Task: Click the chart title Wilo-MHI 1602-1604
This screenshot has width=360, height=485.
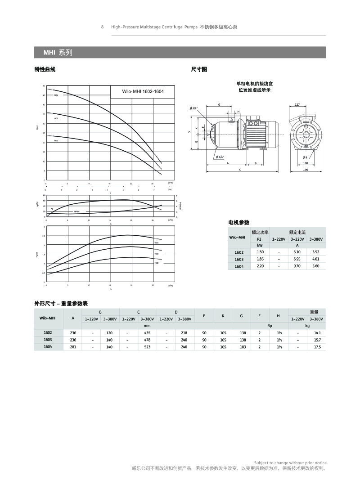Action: click(143, 91)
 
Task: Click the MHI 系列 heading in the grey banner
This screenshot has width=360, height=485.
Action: click(58, 53)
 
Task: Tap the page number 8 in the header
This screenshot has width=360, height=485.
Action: click(102, 27)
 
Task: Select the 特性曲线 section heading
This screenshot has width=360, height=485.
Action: click(45, 69)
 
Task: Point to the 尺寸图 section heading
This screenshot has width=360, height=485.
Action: click(199, 69)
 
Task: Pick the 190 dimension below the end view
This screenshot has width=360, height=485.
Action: click(306, 170)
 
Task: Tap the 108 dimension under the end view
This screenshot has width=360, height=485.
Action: click(306, 163)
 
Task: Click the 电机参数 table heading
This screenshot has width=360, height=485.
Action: click(239, 222)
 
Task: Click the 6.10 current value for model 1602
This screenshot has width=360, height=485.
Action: click(297, 252)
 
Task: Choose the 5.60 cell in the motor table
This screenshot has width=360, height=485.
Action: click(315, 266)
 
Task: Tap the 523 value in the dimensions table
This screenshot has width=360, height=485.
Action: click(147, 347)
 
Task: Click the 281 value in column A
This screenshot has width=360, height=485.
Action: click(73, 347)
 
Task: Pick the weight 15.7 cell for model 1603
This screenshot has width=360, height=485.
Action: click(317, 340)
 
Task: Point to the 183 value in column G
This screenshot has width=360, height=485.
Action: click(243, 347)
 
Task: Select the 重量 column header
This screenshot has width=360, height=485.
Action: click(314, 312)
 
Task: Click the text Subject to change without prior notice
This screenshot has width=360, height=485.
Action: click(291, 463)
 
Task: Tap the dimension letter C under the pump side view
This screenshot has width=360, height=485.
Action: click(240, 170)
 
